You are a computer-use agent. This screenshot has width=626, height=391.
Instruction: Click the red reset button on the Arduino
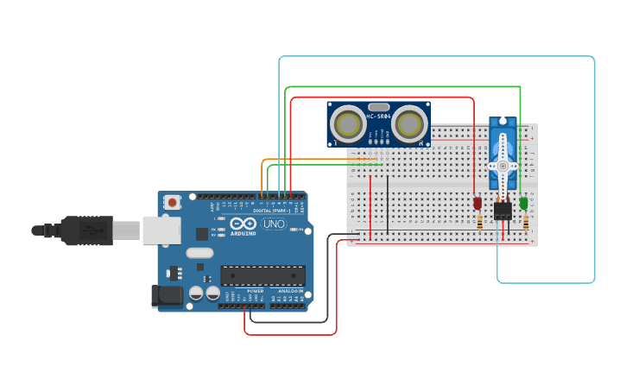tap(173, 203)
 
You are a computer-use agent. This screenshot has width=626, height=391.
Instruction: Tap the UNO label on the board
tap(274, 224)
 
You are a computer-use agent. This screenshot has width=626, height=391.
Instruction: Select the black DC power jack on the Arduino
tap(167, 296)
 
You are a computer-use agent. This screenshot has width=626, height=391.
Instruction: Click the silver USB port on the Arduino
tap(161, 230)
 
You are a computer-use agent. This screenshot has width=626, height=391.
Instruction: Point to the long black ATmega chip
tap(262, 275)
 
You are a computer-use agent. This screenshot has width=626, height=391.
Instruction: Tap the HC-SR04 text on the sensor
tap(378, 116)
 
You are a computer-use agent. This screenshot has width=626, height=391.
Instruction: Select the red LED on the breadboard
tap(477, 203)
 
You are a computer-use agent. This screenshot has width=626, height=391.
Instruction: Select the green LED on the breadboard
tap(523, 203)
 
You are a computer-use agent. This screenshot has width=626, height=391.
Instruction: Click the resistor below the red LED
tap(479, 223)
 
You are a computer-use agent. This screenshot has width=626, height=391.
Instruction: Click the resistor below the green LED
tap(525, 223)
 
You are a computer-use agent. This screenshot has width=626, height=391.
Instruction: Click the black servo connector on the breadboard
tap(503, 211)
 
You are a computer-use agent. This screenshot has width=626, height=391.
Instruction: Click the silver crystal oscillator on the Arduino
tap(198, 254)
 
